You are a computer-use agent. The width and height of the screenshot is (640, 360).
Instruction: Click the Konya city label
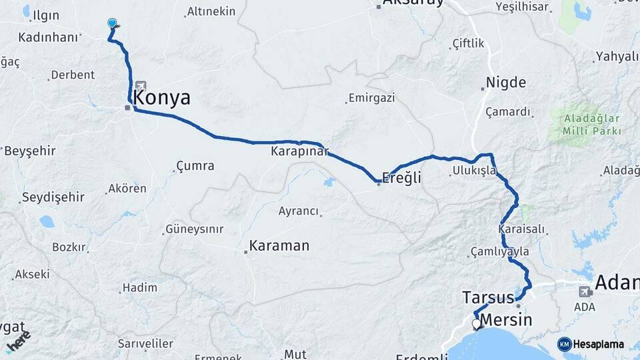[x=162, y=98]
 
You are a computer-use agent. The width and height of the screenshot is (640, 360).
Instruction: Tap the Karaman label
[x=279, y=245]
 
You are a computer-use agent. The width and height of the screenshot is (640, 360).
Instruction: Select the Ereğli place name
[x=402, y=178]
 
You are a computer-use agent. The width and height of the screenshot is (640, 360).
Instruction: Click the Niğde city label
[x=506, y=83]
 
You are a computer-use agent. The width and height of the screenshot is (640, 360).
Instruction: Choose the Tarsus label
[x=487, y=297]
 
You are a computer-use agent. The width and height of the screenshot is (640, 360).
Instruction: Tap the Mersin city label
[x=507, y=319]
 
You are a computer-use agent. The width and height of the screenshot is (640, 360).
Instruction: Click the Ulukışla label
[x=474, y=171]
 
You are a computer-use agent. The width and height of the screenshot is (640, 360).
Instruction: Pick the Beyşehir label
[x=29, y=151]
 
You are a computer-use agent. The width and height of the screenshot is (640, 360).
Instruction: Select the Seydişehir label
[x=53, y=197]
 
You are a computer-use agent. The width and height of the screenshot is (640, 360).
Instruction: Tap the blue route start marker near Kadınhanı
[x=112, y=23]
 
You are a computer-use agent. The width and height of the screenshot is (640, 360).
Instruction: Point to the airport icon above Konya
[x=141, y=86]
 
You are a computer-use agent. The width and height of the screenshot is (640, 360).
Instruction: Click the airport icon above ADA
[x=585, y=291]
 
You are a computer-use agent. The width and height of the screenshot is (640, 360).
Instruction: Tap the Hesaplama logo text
[x=598, y=345]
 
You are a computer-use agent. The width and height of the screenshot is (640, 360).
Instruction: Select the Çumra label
[x=195, y=165]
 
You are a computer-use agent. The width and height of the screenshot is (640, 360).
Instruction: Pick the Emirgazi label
[x=372, y=98]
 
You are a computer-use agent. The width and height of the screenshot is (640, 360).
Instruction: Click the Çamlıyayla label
[x=499, y=251]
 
